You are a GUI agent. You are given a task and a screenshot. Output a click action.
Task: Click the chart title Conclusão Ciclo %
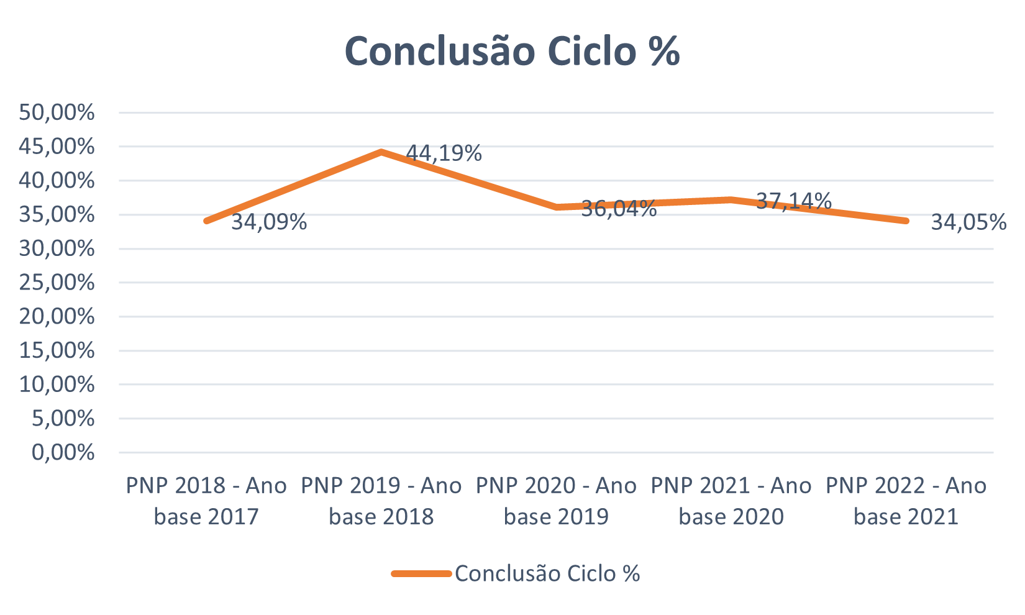point(512,51)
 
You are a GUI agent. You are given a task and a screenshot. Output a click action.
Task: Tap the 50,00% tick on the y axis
point(57,112)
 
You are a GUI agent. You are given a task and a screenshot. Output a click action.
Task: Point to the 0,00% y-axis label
point(63,452)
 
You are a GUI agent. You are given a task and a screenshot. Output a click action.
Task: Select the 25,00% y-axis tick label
point(57,283)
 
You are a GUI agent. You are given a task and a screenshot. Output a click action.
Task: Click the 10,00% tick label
point(57,385)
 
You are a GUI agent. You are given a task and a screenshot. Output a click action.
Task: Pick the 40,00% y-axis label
point(57,181)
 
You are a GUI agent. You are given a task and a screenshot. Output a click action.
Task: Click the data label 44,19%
point(444,153)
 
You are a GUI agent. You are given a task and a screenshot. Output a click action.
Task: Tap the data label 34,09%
point(269,222)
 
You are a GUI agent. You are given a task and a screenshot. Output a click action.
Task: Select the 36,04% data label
point(619,208)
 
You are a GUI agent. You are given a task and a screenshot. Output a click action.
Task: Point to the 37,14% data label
point(793,200)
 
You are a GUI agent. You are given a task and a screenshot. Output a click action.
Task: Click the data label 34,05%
point(968,222)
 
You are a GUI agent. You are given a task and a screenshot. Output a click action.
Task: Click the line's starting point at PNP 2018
point(206,221)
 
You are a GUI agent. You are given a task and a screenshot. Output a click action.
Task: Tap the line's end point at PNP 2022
point(906,221)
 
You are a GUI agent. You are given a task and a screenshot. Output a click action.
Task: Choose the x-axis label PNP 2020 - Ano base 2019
point(556,501)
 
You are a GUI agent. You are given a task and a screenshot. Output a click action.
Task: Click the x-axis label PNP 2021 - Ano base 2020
point(731,501)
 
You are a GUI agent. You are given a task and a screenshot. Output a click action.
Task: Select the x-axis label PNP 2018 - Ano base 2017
point(206,501)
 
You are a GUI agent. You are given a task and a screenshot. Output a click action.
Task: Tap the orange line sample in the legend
point(421,573)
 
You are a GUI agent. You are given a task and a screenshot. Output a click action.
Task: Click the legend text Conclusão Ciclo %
point(547,573)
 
